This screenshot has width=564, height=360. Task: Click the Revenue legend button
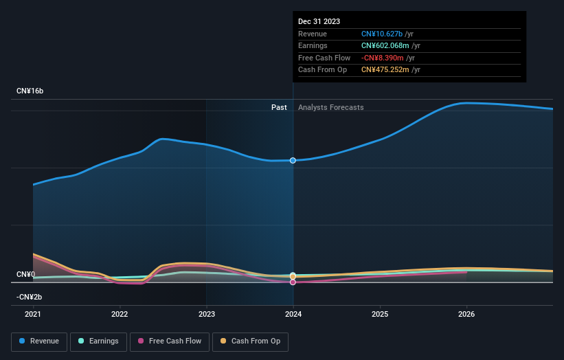tap(39, 341)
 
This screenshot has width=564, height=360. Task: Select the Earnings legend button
tap(99, 341)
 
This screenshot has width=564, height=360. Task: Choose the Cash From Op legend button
tap(250, 341)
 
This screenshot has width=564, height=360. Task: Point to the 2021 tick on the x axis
tap(33, 315)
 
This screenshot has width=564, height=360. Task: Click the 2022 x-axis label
tap(120, 315)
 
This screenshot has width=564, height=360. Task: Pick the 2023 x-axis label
tap(206, 315)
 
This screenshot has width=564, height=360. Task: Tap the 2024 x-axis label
tap(293, 315)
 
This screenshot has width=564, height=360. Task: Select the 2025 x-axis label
tap(380, 315)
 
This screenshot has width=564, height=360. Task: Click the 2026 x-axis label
tap(466, 315)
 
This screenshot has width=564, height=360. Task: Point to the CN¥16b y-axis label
tap(30, 91)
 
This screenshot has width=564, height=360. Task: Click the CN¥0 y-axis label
tap(25, 275)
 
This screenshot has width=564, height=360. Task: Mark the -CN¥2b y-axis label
tap(30, 297)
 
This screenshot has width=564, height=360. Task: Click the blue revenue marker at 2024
tap(293, 160)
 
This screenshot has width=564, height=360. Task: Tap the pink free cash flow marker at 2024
tap(293, 282)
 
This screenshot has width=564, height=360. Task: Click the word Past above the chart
tap(279, 107)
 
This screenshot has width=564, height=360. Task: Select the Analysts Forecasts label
tap(330, 107)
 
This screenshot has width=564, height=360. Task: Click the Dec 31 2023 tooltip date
tap(319, 22)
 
